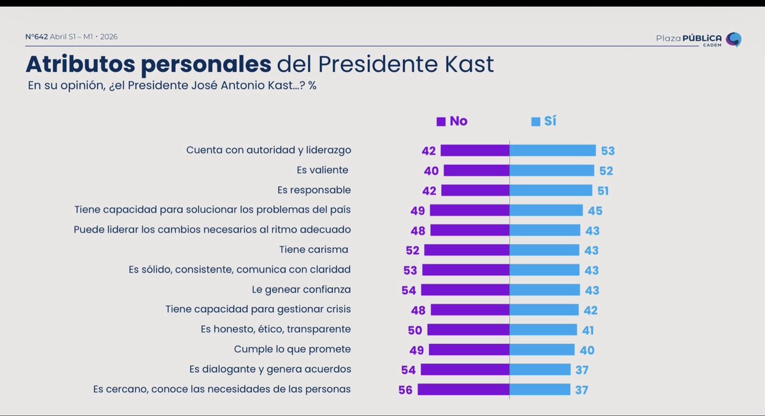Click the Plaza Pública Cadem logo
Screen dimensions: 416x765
698,39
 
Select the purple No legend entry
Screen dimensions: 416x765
452,121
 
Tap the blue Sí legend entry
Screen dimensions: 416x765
544,121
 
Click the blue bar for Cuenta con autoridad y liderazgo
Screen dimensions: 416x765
553,150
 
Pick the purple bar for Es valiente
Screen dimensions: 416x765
476,170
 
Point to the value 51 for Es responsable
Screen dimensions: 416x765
603,190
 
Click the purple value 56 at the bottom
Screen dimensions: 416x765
405,390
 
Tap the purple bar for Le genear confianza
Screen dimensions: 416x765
465,290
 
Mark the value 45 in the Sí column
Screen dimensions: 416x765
595,211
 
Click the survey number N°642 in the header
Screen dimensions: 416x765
36,37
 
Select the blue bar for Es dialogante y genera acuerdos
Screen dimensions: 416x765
540,369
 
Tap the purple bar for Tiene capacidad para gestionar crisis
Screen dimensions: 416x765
470,310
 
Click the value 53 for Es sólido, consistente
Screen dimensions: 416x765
410,270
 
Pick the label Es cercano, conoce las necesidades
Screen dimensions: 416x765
222,389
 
